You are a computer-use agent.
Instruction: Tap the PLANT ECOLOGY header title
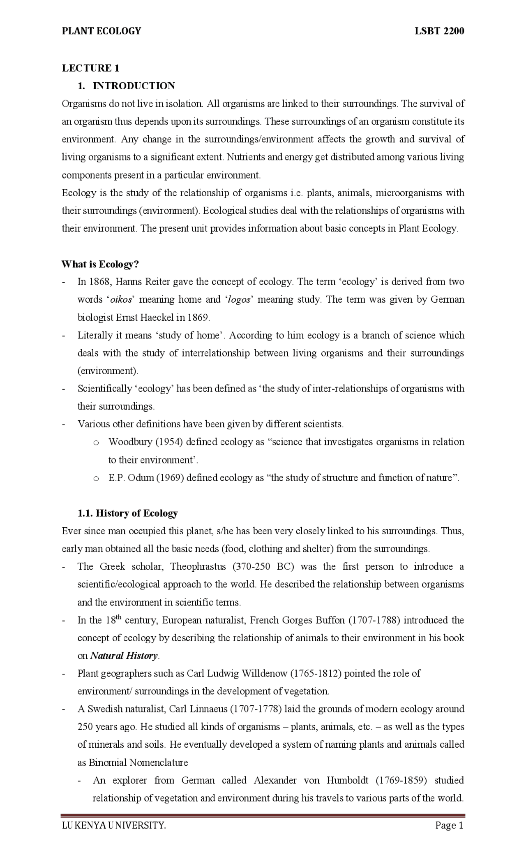[x=101, y=31]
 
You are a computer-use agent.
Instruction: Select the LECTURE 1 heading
[x=90, y=68]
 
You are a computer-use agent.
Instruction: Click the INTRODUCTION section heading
[x=134, y=86]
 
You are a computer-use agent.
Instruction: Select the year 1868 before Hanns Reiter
[x=99, y=282]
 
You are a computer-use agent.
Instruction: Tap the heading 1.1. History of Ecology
[x=128, y=513]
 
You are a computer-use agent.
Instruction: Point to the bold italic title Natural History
[x=123, y=656]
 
